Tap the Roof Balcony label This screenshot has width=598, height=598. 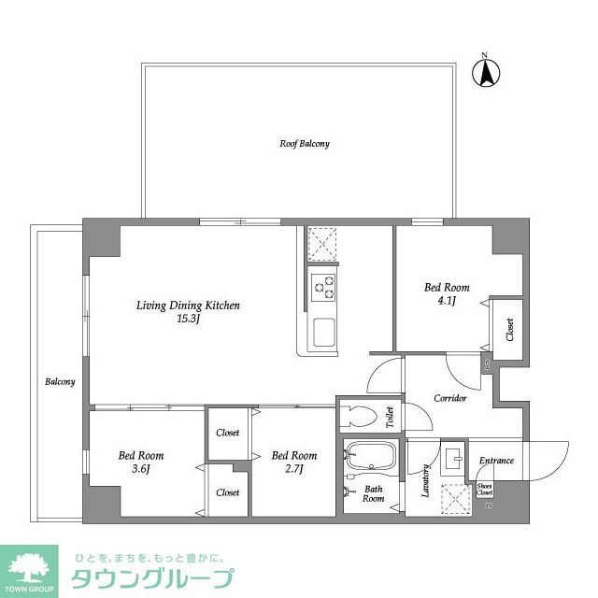click(305, 144)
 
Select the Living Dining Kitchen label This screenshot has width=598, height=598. click(189, 306)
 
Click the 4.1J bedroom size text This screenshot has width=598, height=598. click(448, 301)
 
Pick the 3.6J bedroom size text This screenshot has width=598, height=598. click(140, 469)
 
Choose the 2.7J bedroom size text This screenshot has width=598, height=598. click(293, 469)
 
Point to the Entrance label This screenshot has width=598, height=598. click(496, 461)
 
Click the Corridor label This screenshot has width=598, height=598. click(450, 399)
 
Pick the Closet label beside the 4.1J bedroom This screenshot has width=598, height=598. click(510, 330)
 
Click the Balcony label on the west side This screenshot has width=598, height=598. click(61, 382)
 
